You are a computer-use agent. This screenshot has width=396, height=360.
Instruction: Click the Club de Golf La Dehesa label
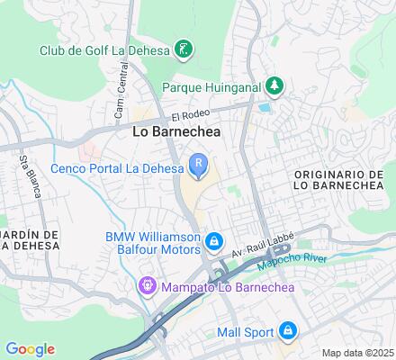tap(104, 49)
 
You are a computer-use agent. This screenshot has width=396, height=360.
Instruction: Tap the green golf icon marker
tap(184, 48)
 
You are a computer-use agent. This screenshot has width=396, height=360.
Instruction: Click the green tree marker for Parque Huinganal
tap(274, 86)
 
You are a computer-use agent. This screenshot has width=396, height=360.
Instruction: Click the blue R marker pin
tap(198, 164)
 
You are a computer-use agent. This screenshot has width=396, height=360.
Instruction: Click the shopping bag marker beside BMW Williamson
tap(214, 242)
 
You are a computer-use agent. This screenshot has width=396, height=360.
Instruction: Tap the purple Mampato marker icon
tap(147, 288)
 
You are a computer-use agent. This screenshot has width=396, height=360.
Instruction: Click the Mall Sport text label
tap(245, 331)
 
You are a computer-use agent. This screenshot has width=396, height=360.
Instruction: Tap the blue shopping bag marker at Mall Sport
tap(287, 331)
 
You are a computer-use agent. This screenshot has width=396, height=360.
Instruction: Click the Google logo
tap(30, 348)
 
